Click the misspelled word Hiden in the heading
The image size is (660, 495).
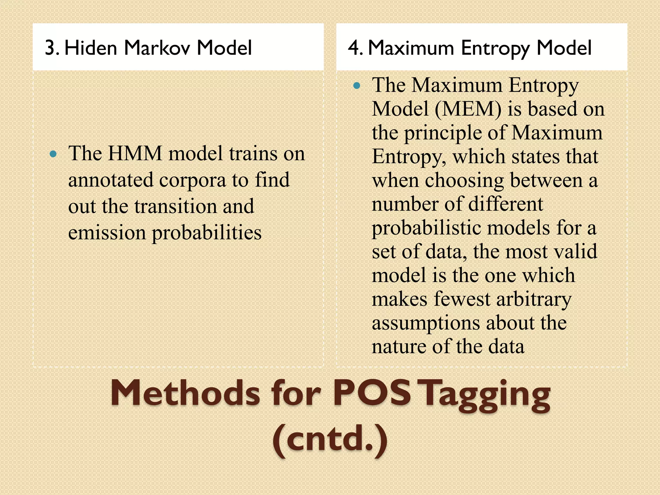[x=91, y=48]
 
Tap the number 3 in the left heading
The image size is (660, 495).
[x=50, y=48]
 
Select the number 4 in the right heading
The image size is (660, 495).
[x=354, y=48]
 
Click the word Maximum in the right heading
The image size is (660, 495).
[x=411, y=48]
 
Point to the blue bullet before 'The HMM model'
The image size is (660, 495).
[x=53, y=154]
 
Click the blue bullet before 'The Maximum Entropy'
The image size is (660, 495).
[x=357, y=86]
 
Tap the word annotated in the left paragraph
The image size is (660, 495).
[x=111, y=180]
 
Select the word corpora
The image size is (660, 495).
[x=192, y=180]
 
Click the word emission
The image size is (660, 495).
[x=107, y=232]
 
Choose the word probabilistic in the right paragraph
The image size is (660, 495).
[x=426, y=228]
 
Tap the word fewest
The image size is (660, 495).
[x=462, y=299]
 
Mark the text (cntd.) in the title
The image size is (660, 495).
[x=330, y=439]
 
